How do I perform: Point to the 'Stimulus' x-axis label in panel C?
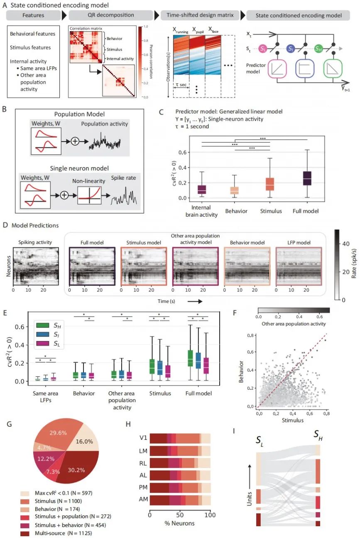270,211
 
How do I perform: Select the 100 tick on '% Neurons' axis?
210,514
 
